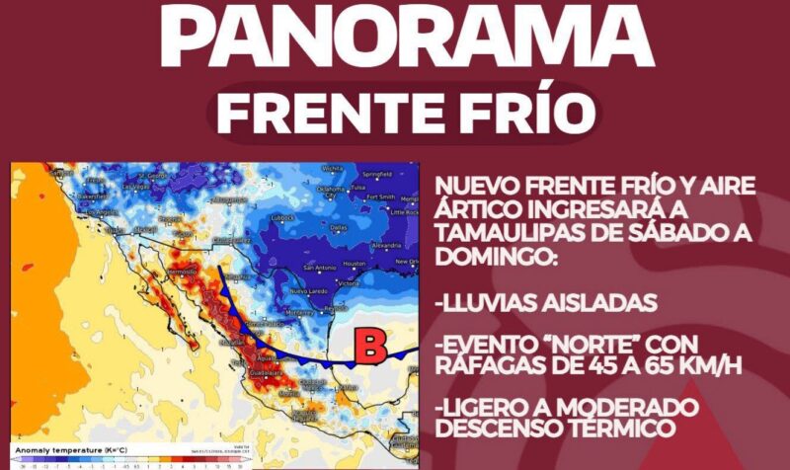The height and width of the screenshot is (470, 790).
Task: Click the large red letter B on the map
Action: [x=370, y=347]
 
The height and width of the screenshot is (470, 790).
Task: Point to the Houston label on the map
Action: [x=355, y=266]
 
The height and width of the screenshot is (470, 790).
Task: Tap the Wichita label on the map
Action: [x=332, y=168]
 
